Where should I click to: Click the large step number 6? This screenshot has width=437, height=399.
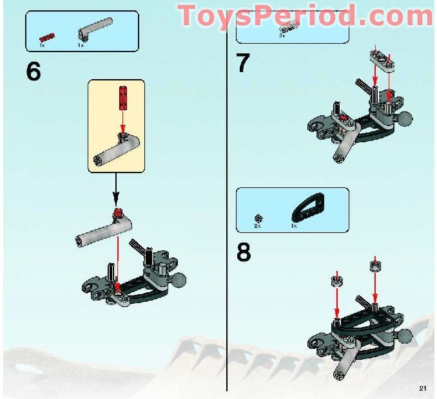point(33,71)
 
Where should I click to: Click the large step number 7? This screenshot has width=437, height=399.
point(243,63)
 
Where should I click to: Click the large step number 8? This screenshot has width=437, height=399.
point(244,252)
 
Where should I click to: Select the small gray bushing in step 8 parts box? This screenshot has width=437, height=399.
point(258,218)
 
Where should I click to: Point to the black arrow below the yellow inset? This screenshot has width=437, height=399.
point(116,192)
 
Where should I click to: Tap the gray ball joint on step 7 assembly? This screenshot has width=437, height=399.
point(406,119)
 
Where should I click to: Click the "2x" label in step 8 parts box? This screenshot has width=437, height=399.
point(257,227)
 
